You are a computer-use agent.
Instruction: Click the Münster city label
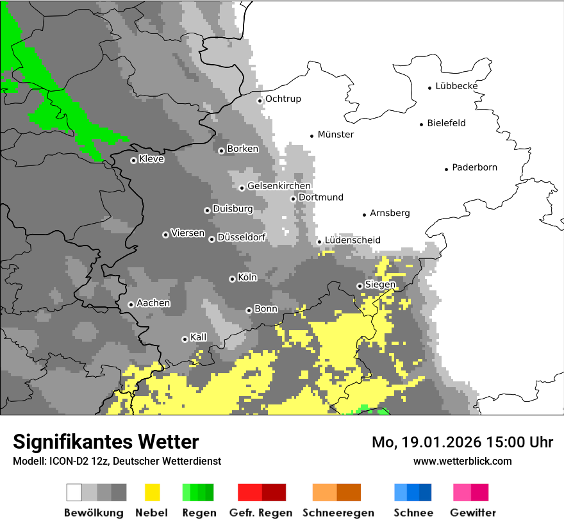pyautogui.click(x=335, y=135)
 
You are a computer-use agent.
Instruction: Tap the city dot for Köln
pyautogui.click(x=232, y=279)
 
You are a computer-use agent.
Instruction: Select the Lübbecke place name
pyautogui.click(x=456, y=86)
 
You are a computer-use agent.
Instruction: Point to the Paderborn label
pyautogui.click(x=474, y=167)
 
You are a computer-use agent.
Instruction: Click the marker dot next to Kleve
pyautogui.click(x=133, y=160)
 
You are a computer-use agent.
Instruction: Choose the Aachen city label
pyautogui.click(x=153, y=303)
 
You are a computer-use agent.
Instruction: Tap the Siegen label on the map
pyautogui.click(x=380, y=285)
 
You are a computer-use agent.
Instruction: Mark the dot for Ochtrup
pyautogui.click(x=260, y=100)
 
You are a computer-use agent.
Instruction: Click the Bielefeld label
pyautogui.click(x=446, y=123)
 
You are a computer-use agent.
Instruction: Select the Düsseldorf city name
pyautogui.click(x=241, y=237)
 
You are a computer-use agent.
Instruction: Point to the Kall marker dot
pyautogui.click(x=185, y=339)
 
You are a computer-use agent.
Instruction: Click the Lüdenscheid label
pyautogui.click(x=352, y=240)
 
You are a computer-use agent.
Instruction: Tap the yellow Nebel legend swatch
pyautogui.click(x=152, y=492)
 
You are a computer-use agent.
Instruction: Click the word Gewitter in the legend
pyautogui.click(x=472, y=513)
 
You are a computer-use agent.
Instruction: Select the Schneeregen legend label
pyautogui.click(x=338, y=513)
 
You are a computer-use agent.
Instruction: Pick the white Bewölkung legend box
pyautogui.click(x=74, y=492)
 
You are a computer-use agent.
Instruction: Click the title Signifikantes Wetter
pyautogui.click(x=106, y=442)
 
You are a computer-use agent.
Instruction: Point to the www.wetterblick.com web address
pyautogui.click(x=462, y=461)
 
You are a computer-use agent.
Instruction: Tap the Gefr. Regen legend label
pyautogui.click(x=261, y=513)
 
